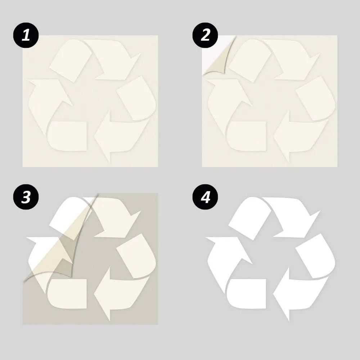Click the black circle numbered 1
(x=26, y=35)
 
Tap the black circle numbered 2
(x=205, y=35)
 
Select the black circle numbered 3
(x=26, y=197)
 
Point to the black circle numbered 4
(x=205, y=197)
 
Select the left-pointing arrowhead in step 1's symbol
(x=102, y=136)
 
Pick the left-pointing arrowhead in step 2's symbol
(x=282, y=136)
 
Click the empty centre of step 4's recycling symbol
(x=271, y=255)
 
